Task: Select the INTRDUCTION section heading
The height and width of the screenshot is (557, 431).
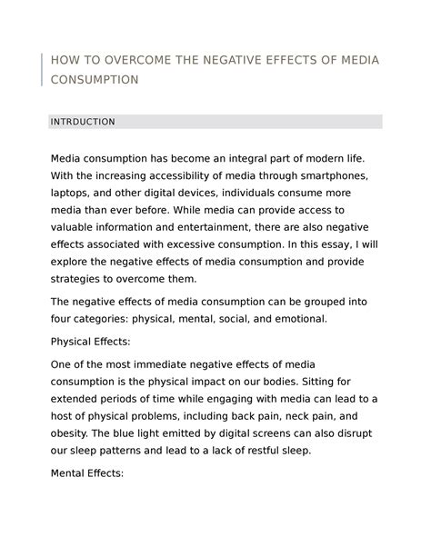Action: coord(82,121)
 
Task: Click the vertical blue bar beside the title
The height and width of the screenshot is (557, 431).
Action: coord(43,70)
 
